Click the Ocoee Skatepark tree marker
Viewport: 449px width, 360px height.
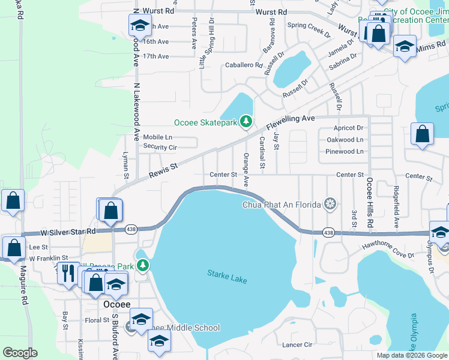click(246, 122)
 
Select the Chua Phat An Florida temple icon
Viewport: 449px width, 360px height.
click(330, 205)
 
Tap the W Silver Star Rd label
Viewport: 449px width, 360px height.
click(68, 231)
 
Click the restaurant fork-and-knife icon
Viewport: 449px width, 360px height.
click(68, 273)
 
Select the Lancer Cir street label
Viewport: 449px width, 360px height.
click(297, 345)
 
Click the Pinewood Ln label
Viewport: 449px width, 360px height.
click(344, 151)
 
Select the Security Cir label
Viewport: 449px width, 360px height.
click(160, 147)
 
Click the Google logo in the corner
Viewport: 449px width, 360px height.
click(20, 353)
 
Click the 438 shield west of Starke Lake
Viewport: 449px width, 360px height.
click(131, 229)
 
